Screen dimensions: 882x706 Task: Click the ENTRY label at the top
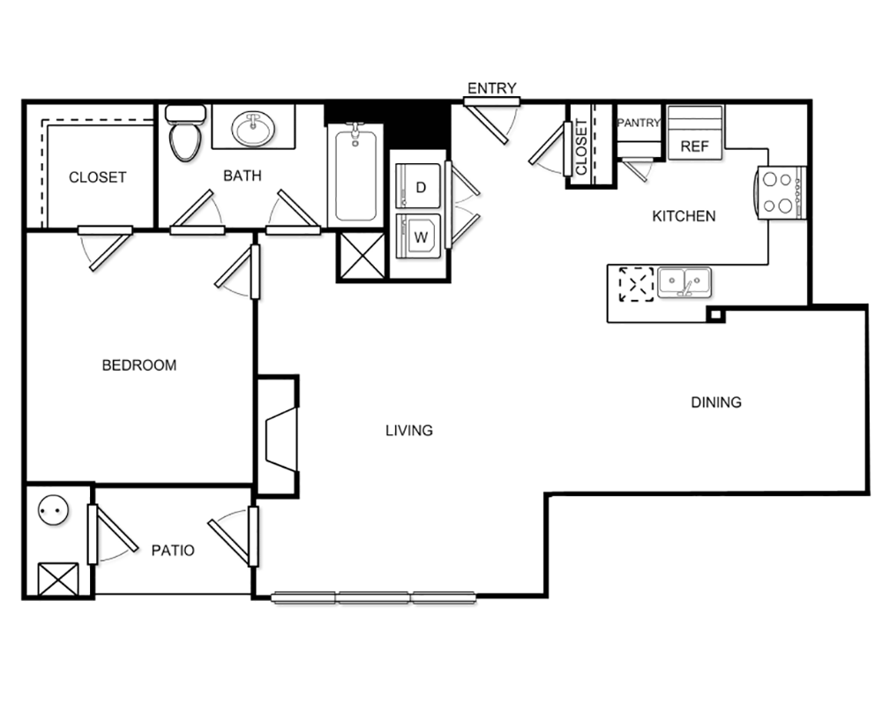[x=491, y=88]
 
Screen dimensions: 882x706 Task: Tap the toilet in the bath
[x=185, y=132]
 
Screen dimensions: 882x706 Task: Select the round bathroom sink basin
[x=253, y=128]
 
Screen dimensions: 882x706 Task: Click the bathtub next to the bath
[x=355, y=175]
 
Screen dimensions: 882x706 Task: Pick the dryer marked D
[x=418, y=186]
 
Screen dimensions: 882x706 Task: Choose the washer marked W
[x=418, y=236]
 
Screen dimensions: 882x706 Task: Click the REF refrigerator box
[x=695, y=133]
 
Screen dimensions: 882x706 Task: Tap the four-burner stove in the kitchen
[x=781, y=192]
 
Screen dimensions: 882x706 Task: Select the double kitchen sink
[x=684, y=282]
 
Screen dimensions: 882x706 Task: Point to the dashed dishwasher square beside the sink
[x=637, y=284]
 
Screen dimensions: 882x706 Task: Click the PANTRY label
[x=639, y=122]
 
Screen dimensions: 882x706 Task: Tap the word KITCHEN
[x=684, y=216]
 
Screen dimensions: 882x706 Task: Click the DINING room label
[x=716, y=402]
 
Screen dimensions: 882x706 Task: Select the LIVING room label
[x=409, y=431]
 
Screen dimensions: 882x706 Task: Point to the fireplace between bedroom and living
[x=278, y=436]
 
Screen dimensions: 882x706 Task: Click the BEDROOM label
[x=139, y=365]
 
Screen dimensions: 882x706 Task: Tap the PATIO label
[x=173, y=550]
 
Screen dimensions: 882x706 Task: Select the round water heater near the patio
[x=54, y=510]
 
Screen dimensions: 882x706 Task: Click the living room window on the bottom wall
[x=374, y=597]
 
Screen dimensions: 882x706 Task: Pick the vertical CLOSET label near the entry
[x=581, y=146]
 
